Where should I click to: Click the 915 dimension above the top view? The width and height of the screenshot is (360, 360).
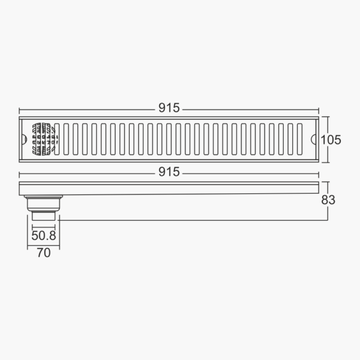pos(169,108)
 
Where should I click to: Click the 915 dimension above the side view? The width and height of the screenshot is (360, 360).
pos(169,172)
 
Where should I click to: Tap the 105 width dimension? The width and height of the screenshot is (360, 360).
pos(331,140)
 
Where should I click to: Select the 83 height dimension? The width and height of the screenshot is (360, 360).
pos(328,200)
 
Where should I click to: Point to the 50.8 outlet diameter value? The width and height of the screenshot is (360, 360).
pos(43,236)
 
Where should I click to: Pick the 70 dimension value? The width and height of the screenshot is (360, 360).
pos(44,253)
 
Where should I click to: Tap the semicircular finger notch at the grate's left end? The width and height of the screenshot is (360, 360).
pos(25,140)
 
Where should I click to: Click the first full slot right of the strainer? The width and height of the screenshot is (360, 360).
pos(66,140)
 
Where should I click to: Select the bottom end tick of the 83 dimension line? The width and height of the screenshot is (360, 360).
pos(328,220)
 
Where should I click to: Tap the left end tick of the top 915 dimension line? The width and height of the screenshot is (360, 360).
pos(20,110)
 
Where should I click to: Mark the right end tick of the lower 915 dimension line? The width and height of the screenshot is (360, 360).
pos(319,174)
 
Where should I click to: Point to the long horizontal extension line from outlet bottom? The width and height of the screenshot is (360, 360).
pos(192,220)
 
